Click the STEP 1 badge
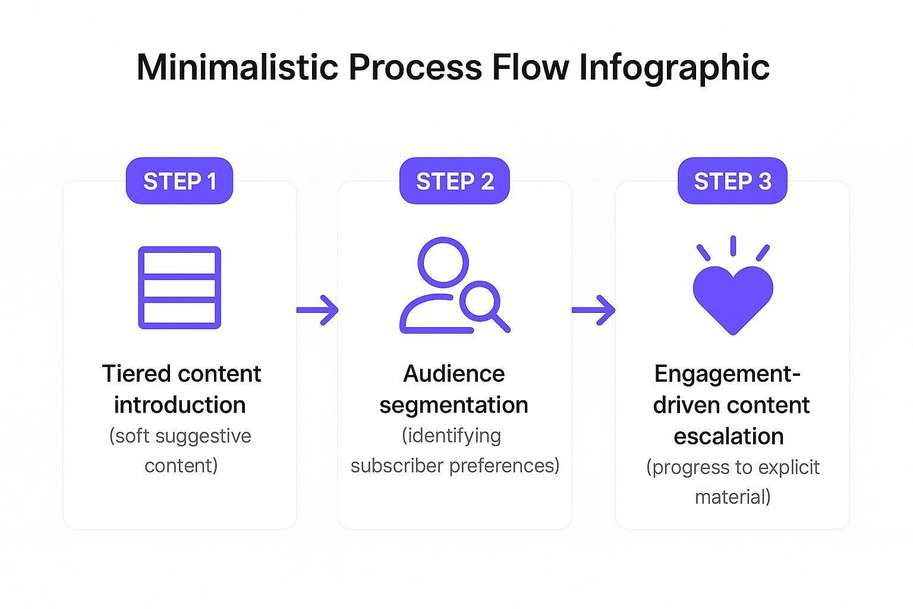[x=180, y=181]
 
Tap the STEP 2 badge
[x=455, y=181]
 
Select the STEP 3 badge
[x=732, y=181]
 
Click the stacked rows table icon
[x=180, y=288]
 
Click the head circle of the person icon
[x=443, y=262]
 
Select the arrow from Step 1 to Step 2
[x=318, y=310]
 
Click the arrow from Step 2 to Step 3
[x=593, y=310]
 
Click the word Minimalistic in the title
[x=238, y=67]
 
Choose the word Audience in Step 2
[x=454, y=374]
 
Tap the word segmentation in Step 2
[x=454, y=406]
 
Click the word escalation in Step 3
[x=729, y=437]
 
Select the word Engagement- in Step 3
[x=727, y=374]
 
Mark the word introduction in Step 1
[x=180, y=405]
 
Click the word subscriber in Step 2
[x=398, y=466]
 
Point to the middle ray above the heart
[x=733, y=246]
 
